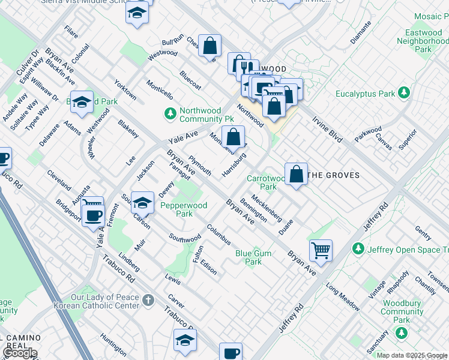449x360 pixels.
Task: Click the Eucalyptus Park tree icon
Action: [404, 93]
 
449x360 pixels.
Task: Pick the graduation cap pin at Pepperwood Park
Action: [142, 201]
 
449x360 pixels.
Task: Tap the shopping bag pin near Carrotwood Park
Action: [296, 174]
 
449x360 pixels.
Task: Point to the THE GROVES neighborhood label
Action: [333, 175]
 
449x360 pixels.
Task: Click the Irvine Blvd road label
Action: [327, 128]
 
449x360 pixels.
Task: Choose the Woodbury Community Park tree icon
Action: [402, 320]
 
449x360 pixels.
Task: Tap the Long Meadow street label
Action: [343, 295]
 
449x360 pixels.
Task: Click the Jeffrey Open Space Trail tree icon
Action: [358, 248]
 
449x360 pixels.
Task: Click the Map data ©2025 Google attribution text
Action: [411, 355]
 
